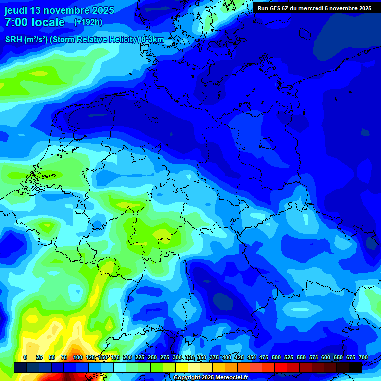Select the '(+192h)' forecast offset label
(x=88, y=22)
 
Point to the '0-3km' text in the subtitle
(x=153, y=40)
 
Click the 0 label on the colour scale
(x=25, y=358)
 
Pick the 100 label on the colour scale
(x=78, y=358)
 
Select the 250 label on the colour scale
(x=152, y=358)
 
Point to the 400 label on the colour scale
(x=227, y=358)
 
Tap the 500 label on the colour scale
(x=276, y=358)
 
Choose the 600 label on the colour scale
(x=326, y=358)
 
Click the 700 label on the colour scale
(x=363, y=358)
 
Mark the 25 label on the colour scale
(x=39, y=358)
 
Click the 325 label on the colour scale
(x=190, y=358)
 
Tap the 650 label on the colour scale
(x=338, y=358)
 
